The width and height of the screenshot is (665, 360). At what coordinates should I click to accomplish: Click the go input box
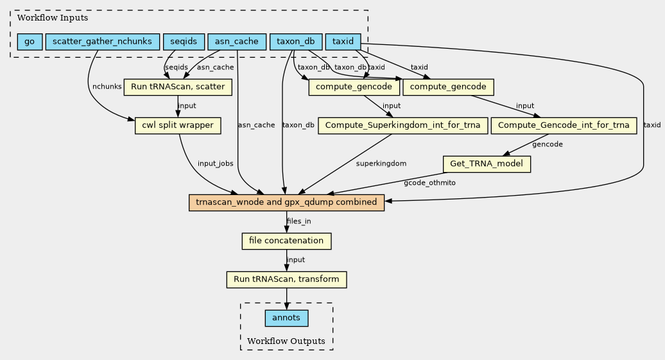30,42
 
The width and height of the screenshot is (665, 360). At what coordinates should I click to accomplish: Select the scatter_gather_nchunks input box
102,42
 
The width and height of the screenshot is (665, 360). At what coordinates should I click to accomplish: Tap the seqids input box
184,42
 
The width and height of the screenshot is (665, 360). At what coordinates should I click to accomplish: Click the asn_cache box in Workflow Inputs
237,42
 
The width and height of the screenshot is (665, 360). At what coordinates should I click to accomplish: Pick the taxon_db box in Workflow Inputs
296,42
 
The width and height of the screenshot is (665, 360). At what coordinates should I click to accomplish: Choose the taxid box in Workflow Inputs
343,42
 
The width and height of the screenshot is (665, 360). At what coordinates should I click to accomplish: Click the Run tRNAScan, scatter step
178,87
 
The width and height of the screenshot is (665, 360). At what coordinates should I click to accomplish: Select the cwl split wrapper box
178,126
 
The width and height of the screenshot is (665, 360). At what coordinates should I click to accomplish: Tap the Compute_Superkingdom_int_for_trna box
402,126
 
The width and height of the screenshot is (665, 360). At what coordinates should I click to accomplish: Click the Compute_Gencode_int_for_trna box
564,126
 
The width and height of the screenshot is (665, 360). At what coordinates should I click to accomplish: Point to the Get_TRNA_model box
487,164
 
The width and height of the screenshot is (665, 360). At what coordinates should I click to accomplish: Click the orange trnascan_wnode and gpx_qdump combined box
286,203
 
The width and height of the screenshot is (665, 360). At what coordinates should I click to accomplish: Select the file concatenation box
286,241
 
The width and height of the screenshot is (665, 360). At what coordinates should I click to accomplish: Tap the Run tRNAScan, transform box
286,280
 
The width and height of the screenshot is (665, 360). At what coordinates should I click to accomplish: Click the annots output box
286,318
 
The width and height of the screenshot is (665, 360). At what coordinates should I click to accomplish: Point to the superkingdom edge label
381,164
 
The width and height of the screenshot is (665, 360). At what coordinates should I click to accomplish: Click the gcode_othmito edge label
429,183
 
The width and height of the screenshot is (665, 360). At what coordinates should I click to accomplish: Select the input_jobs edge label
216,164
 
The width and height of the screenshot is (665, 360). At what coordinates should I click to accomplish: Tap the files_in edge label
299,221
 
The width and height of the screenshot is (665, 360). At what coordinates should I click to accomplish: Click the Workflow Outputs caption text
286,341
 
